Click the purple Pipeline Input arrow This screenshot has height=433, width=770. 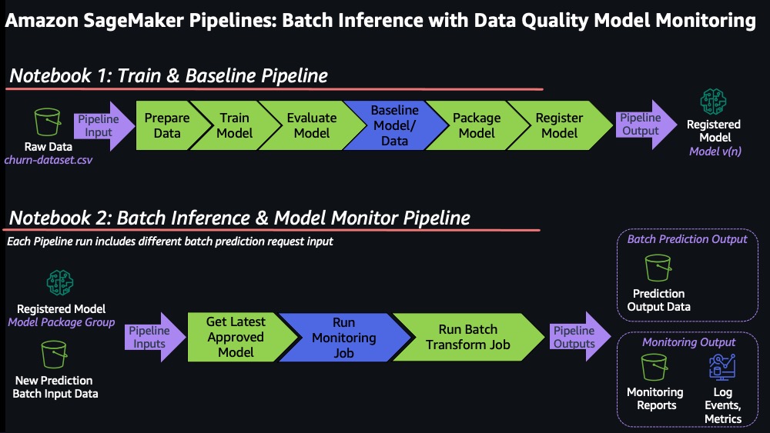[103, 126]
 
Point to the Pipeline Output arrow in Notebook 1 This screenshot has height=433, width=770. [645, 125]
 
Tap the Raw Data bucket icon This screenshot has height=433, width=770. [48, 122]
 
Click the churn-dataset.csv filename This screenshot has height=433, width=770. [48, 160]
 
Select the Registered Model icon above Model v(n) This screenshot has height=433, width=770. [713, 102]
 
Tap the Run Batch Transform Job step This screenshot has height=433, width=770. [468, 338]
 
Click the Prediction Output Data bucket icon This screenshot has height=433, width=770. [658, 268]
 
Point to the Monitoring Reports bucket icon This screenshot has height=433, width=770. [654, 367]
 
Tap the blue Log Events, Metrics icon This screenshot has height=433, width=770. [722, 367]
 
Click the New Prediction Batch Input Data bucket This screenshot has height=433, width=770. [54, 355]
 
